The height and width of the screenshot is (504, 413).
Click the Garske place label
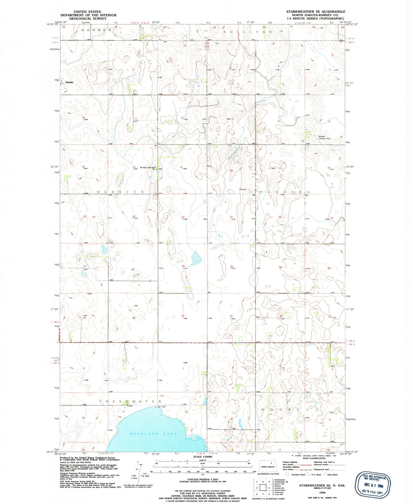point(69,82)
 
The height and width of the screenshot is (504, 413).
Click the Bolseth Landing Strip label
point(324,138)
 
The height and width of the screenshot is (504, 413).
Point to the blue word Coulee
point(261,101)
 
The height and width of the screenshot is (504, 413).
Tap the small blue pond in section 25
point(195,258)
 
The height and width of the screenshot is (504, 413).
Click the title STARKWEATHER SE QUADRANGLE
point(316,12)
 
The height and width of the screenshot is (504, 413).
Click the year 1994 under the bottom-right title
point(322,493)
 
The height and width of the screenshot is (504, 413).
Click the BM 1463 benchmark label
point(161,407)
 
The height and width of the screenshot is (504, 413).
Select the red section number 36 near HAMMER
point(116,27)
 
